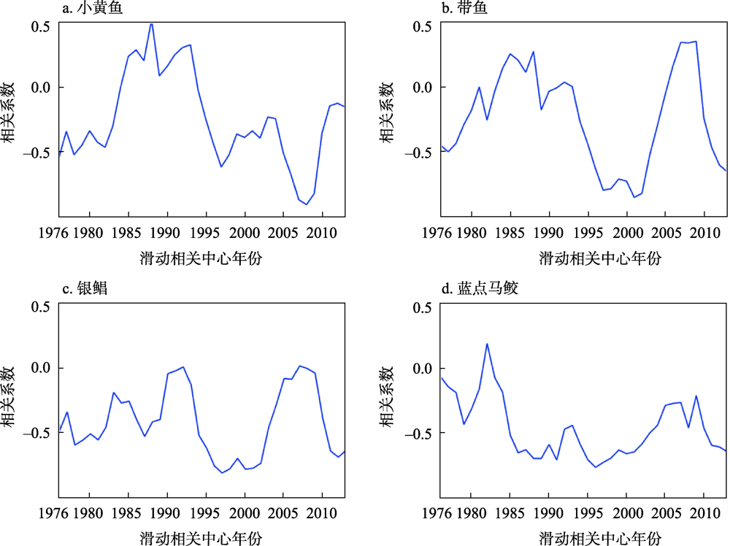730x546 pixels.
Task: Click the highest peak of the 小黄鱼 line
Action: [151, 23]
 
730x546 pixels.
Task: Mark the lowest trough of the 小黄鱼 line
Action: [306, 204]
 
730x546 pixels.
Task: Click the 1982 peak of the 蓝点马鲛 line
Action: [487, 344]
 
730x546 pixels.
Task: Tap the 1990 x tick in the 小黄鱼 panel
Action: [167, 234]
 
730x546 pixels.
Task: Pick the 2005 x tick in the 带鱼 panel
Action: [665, 234]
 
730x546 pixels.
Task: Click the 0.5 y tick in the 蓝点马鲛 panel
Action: [421, 307]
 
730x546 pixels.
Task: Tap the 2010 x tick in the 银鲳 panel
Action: [322, 514]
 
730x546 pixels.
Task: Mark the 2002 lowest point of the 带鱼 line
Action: [634, 197]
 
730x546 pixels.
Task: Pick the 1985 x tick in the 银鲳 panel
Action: [128, 514]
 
